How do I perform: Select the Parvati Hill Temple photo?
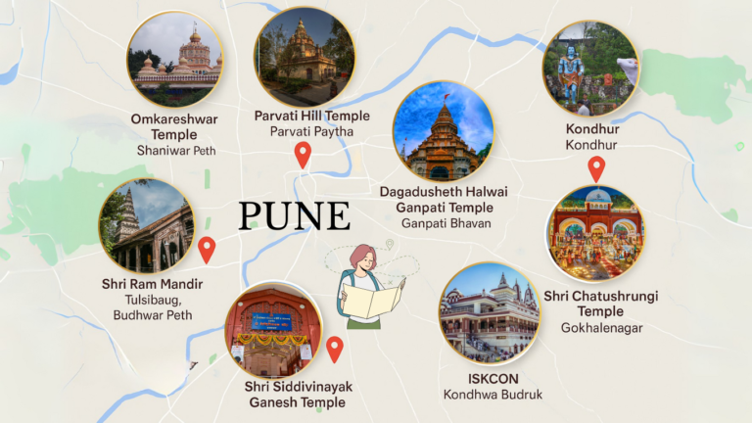click(x=304, y=57)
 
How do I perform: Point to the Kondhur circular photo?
click(x=590, y=69)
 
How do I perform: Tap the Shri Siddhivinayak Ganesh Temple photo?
click(x=274, y=332)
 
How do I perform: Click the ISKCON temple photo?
click(x=490, y=312)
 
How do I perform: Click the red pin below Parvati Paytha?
click(x=303, y=154)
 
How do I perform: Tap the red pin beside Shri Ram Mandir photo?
click(x=207, y=249)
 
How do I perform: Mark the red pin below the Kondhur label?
click(x=595, y=168)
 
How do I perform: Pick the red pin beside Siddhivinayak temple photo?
click(x=334, y=348)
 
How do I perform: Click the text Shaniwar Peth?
click(x=176, y=151)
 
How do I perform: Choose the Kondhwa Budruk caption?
click(x=492, y=395)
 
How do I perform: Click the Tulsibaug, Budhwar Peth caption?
click(x=153, y=306)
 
